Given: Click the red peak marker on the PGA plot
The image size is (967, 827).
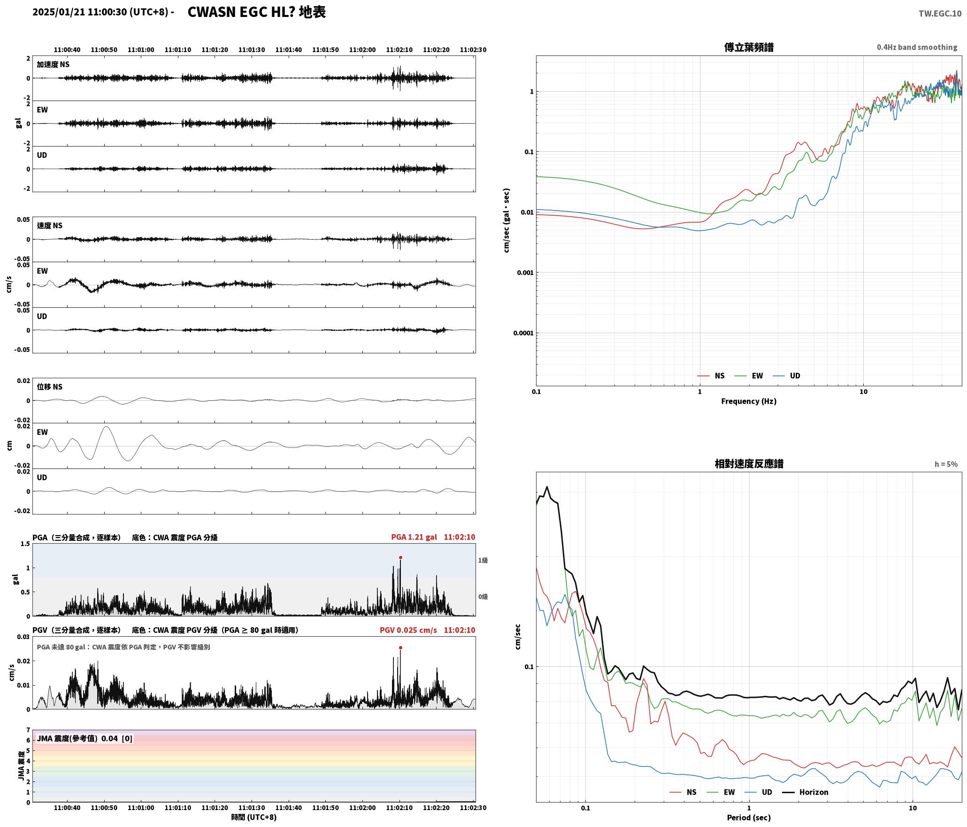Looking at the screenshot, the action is click(x=400, y=557).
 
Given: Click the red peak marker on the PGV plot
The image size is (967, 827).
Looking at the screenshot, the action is click(x=400, y=648).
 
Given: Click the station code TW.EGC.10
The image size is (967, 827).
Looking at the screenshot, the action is click(x=940, y=14).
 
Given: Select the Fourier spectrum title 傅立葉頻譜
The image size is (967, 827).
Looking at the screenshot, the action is click(x=749, y=47).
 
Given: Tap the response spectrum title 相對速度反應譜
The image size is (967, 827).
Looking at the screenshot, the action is click(x=749, y=464).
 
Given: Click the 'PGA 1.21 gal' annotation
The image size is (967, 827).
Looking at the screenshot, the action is click(x=414, y=537).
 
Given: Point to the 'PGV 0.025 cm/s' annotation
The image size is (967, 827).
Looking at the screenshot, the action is click(x=408, y=630).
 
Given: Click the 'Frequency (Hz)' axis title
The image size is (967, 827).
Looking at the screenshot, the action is click(x=749, y=401).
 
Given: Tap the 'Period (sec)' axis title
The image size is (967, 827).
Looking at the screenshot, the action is click(x=749, y=817).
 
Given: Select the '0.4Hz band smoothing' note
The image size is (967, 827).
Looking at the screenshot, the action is click(x=917, y=47).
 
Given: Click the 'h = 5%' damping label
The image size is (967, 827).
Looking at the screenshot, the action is click(x=946, y=464).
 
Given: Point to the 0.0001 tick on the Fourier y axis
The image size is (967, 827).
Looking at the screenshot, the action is click(x=523, y=333).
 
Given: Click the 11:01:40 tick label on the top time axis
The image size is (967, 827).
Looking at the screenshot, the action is click(x=288, y=49).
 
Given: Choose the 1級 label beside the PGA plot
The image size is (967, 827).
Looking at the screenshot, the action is click(x=483, y=560).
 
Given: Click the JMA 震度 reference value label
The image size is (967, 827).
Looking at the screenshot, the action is click(x=84, y=738).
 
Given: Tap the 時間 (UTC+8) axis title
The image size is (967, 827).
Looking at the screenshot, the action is click(x=253, y=817).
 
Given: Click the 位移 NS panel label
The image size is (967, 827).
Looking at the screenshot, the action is click(x=49, y=387).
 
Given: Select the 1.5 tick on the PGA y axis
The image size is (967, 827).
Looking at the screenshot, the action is click(x=25, y=544).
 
